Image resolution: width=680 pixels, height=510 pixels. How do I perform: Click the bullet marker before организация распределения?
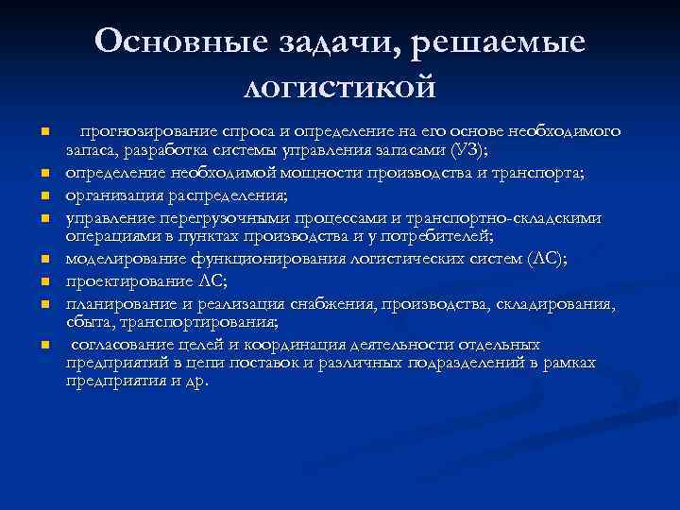tap(44, 196)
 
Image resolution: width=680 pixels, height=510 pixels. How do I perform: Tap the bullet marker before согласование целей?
tap(44, 346)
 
